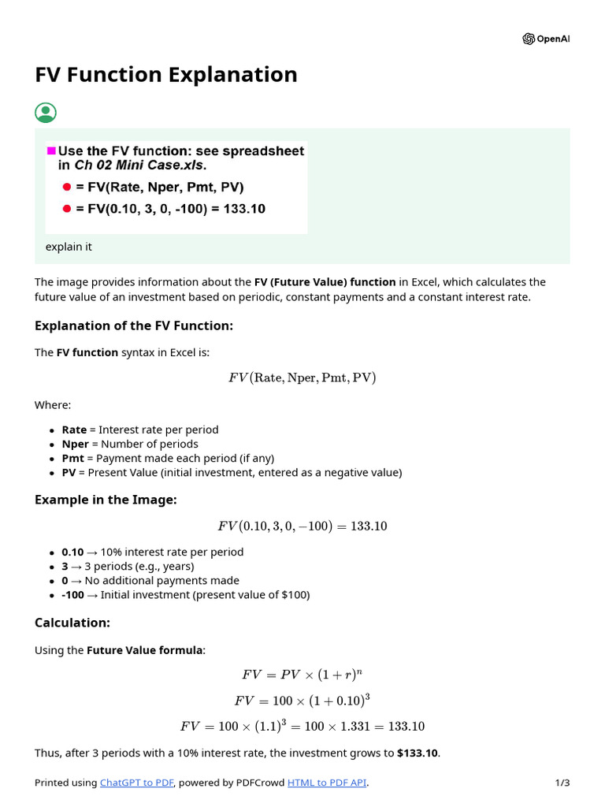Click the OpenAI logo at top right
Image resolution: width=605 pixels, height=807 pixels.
coord(529,39)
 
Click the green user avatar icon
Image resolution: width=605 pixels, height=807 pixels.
coord(46,113)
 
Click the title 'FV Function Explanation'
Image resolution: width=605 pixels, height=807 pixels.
coord(166,75)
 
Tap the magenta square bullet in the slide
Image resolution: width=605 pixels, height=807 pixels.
coord(52,151)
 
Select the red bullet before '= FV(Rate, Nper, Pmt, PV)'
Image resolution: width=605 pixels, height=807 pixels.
coord(67,187)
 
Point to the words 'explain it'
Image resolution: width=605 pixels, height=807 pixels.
coord(69,247)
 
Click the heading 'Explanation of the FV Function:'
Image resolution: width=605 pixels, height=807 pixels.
coord(134,326)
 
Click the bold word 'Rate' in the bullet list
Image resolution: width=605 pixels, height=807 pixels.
coord(74,430)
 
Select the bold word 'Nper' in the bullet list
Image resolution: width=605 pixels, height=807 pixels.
coord(75,444)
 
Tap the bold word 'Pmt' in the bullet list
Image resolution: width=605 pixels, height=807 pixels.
coord(73,458)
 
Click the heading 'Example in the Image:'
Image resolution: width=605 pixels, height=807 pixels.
coord(106,500)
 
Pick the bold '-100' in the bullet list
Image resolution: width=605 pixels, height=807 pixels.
coord(73,595)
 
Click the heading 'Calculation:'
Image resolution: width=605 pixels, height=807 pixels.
coord(72,623)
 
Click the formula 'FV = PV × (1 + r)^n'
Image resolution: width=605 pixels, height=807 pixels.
coord(302,675)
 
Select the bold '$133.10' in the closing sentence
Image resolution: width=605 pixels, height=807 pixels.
coord(418,753)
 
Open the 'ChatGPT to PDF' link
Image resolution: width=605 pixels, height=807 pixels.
coord(136,783)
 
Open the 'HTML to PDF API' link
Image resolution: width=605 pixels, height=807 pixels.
coord(327,783)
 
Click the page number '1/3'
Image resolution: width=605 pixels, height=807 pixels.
coord(562,783)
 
